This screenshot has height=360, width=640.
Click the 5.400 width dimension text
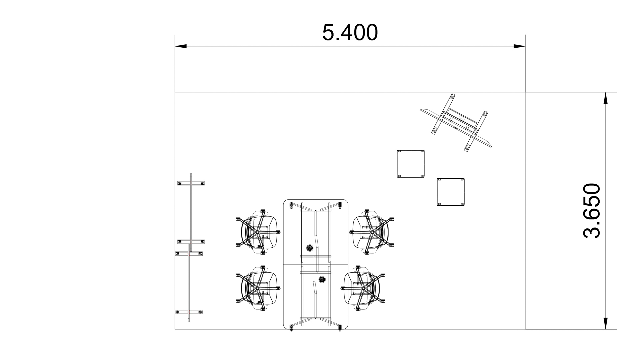pyautogui.click(x=350, y=32)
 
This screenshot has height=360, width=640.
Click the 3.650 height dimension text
pyautogui.click(x=592, y=211)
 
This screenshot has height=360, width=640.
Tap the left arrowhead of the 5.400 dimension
pyautogui.click(x=181, y=46)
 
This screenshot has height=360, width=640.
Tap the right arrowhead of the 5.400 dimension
pyautogui.click(x=520, y=46)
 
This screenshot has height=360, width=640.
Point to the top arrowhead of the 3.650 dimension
pyautogui.click(x=606, y=98)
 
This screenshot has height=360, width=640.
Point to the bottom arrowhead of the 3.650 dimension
pyautogui.click(x=606, y=324)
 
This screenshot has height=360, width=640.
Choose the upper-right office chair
pyautogui.click(x=372, y=232)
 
